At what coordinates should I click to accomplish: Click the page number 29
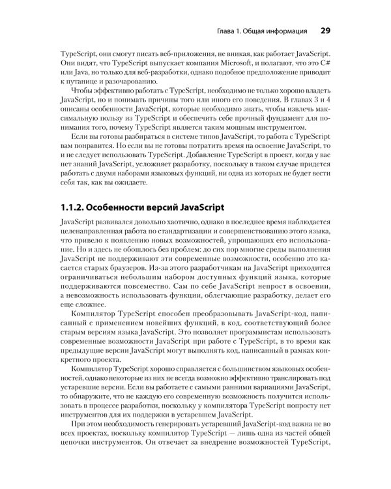pyautogui.click(x=326, y=30)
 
